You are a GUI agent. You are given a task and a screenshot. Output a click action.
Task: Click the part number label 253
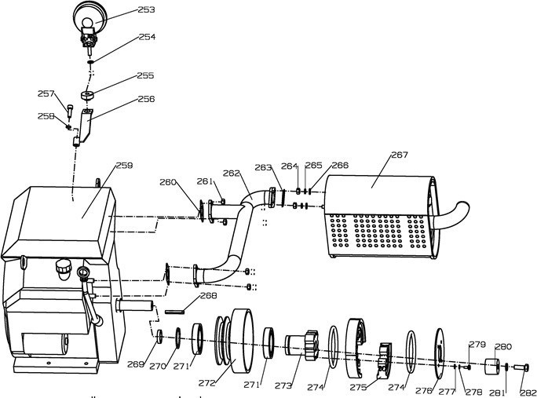pos(145,10)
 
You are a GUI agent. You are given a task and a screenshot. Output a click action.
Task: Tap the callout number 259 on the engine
pos(124,166)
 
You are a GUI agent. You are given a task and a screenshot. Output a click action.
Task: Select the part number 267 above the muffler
pos(399,155)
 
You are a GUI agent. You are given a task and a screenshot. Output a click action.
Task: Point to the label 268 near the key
pos(208,296)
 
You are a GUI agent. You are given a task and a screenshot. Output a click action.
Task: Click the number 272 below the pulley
pos(206,384)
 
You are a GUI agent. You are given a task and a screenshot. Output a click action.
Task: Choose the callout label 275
pos(359,387)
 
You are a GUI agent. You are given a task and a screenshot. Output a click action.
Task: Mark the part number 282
pos(528,393)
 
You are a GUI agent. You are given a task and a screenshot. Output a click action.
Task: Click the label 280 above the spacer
pos(502,346)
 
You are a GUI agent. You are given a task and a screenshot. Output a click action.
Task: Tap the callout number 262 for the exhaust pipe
pos(231,173)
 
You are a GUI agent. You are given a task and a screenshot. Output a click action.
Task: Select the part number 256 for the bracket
pos(146,100)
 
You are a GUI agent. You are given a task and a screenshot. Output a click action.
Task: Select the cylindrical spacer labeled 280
pos(493,366)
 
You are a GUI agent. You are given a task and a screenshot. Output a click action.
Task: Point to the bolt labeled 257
pos(70,111)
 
